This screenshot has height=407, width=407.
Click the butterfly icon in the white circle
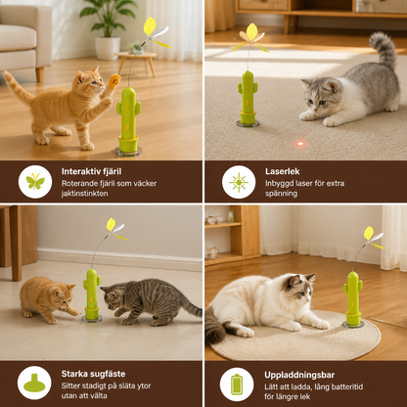(x=35, y=181)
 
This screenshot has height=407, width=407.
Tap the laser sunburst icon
(x=239, y=182)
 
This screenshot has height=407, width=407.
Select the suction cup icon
(x=34, y=384)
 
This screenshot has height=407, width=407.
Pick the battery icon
(x=237, y=384)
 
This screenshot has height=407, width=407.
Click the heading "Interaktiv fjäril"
(x=91, y=171)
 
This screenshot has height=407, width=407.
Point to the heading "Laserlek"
(x=282, y=171)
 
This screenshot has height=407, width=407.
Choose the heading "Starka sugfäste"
(x=93, y=374)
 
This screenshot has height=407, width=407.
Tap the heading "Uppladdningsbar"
(x=299, y=375)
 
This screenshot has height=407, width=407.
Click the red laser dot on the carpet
(x=300, y=144)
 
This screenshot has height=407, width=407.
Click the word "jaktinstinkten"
(x=84, y=194)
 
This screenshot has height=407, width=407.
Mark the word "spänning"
(x=281, y=194)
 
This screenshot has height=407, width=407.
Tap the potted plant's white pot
(x=108, y=48)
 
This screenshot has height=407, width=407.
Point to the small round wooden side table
(x=136, y=61)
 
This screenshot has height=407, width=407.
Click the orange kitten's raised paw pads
(x=114, y=81)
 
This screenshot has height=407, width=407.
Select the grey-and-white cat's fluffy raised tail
(x=384, y=49)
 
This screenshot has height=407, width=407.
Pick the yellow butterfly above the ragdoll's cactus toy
(x=373, y=237)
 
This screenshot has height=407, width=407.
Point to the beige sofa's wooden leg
(x=40, y=74)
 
